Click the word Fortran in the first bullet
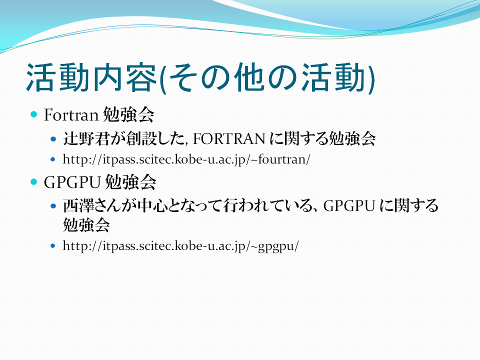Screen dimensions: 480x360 click(x=71, y=115)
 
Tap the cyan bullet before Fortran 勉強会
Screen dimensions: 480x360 click(x=33, y=114)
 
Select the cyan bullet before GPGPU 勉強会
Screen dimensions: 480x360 click(x=33, y=182)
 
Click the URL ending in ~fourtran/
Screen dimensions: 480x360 click(x=186, y=159)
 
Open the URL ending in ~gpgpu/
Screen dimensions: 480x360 click(x=180, y=246)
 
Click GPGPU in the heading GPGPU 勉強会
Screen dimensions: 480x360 click(x=72, y=182)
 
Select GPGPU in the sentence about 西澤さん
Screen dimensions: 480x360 click(x=349, y=205)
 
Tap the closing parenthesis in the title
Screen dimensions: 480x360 click(x=371, y=79)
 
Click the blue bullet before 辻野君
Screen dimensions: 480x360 click(x=53, y=139)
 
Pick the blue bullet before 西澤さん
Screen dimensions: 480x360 click(x=53, y=206)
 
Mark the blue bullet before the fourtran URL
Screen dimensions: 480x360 click(x=53, y=159)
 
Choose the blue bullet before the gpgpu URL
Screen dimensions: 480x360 click(x=53, y=245)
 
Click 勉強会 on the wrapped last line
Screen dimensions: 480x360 click(x=86, y=224)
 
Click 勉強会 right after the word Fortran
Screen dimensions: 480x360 click(x=128, y=115)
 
